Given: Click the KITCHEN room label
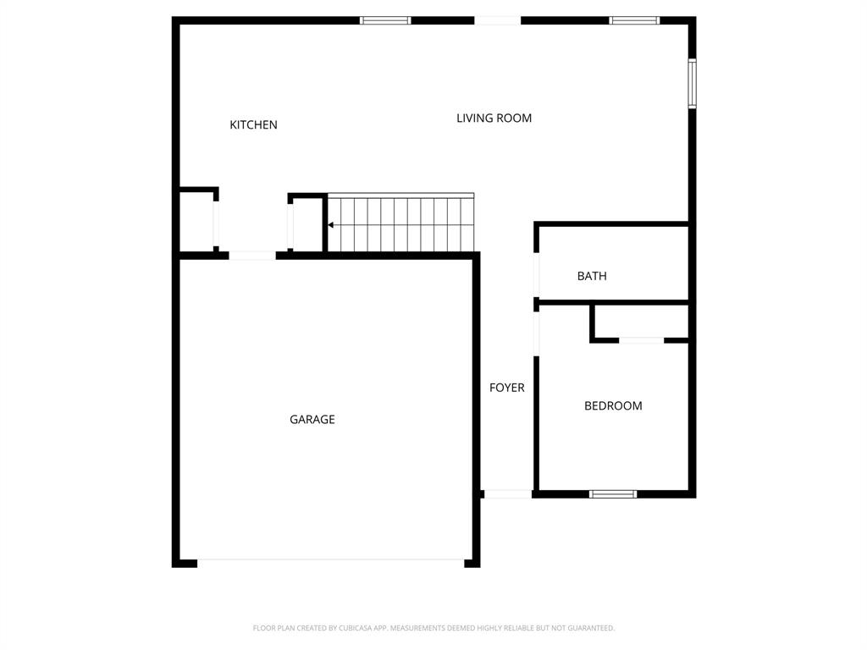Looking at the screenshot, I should (253, 125).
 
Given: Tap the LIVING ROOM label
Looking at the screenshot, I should (494, 118).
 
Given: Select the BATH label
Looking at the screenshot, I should (592, 276).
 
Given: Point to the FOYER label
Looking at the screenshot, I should (506, 388).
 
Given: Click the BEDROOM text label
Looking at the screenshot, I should (613, 406).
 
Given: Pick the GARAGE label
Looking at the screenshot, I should (312, 420).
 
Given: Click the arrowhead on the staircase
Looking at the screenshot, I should (331, 225).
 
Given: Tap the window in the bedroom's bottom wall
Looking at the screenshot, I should (613, 493).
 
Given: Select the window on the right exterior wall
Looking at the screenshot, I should (692, 84).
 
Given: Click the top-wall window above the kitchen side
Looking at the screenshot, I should (385, 20).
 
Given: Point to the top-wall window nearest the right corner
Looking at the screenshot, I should (634, 20).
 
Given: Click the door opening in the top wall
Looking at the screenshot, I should (497, 20).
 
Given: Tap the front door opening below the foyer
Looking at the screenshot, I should (507, 493).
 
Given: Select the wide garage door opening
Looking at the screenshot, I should (330, 561).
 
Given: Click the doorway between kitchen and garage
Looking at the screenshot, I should (252, 255).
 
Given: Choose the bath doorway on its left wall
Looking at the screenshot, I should (536, 275).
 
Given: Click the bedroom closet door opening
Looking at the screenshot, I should (641, 340).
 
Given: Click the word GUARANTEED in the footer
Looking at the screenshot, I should (586, 628).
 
